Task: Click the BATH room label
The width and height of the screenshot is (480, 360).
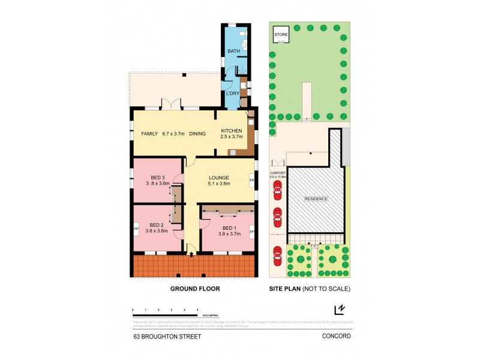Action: click(x=233, y=52)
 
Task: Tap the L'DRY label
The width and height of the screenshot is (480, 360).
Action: click(x=232, y=93)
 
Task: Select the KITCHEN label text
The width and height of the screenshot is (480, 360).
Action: click(x=232, y=131)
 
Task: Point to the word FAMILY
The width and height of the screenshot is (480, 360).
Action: click(x=149, y=133)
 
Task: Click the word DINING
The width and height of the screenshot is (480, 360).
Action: click(x=197, y=133)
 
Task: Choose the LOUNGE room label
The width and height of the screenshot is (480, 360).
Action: click(x=220, y=178)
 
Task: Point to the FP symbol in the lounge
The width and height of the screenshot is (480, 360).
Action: click(x=251, y=179)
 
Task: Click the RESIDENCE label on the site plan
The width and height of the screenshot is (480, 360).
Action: click(x=316, y=199)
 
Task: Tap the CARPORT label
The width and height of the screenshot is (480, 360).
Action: click(x=277, y=173)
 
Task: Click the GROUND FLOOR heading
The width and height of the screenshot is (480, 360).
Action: click(x=195, y=289)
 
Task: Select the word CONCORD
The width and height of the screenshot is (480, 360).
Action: click(x=336, y=337)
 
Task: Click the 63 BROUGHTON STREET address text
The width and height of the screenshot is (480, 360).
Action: click(x=167, y=337)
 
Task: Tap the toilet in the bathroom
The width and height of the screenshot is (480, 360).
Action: click(x=242, y=42)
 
